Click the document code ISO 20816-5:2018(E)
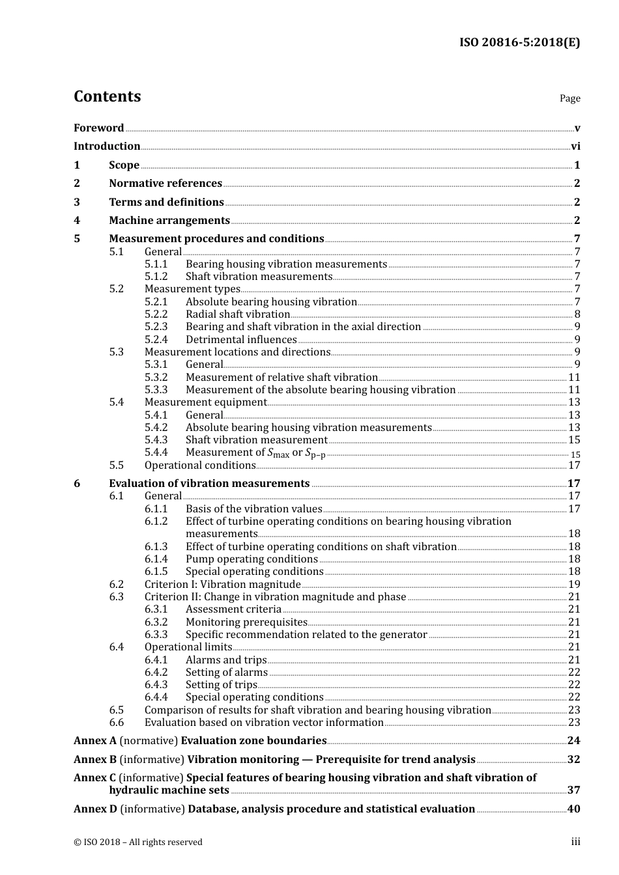[519, 42]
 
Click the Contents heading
[107, 96]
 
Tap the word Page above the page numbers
[569, 98]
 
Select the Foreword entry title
[98, 128]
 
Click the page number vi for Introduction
[575, 146]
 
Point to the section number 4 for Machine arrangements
[77, 221]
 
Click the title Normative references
[166, 184]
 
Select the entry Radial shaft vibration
[238, 314]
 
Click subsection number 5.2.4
[156, 339]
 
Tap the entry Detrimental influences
[241, 339]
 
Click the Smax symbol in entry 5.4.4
[278, 453]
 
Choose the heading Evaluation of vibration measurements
[209, 484]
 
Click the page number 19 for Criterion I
[574, 585]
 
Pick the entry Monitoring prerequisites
[246, 622]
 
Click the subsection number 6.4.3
[156, 685]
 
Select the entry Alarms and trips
[226, 660]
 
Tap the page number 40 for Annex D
[573, 809]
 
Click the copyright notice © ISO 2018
[137, 842]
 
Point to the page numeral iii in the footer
[576, 842]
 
